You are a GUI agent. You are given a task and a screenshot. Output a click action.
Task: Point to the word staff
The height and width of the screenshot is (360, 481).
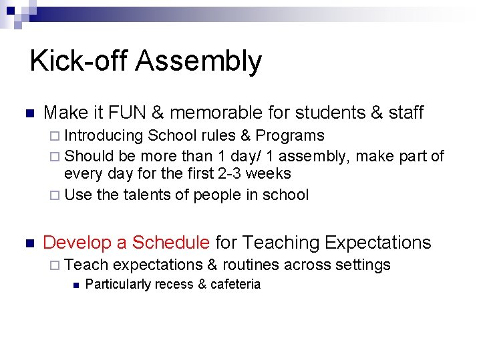(x=406, y=113)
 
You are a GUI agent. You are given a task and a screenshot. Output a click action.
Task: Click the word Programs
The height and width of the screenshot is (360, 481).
(x=291, y=136)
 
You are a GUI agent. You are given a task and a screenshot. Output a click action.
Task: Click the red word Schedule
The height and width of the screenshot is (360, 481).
(x=171, y=243)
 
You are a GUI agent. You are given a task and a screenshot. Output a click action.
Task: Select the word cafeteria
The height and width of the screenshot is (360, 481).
(x=235, y=285)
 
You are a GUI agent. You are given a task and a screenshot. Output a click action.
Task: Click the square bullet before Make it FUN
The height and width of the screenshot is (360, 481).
(x=28, y=113)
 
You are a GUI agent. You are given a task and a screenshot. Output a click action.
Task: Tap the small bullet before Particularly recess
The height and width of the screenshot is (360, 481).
(x=77, y=285)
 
